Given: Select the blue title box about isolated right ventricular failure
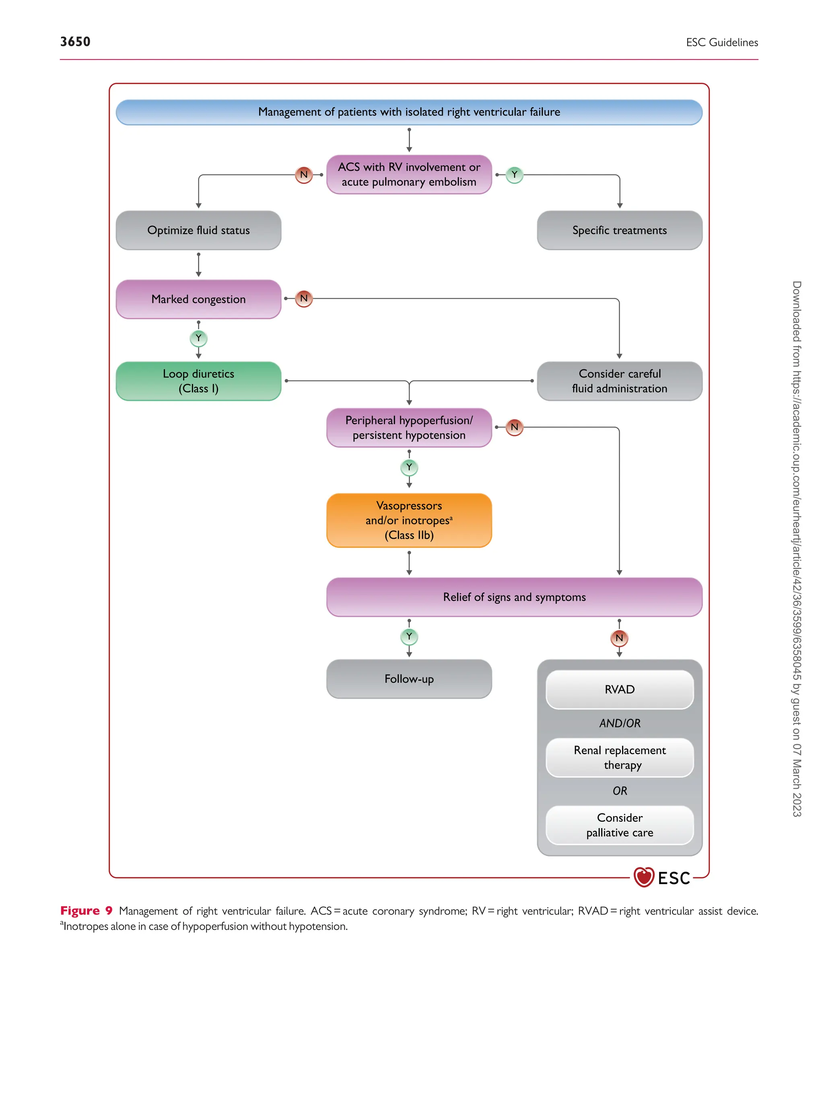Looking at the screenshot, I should (x=409, y=112).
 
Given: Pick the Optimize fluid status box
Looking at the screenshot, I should (x=198, y=230).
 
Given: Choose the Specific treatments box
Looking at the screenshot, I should (x=619, y=230).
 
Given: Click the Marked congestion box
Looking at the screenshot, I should (x=198, y=299).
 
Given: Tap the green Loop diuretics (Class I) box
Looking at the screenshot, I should (x=198, y=381).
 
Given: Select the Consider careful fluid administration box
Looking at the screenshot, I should (x=619, y=381).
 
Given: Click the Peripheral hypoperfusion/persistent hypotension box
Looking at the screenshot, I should (x=409, y=427).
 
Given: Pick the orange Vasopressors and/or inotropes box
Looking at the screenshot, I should (x=409, y=520).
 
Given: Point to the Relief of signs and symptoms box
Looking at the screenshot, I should (x=514, y=597).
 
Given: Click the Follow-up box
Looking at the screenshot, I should (x=409, y=679).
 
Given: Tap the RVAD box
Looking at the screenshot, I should (x=619, y=690).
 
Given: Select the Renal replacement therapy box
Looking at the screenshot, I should (x=619, y=757).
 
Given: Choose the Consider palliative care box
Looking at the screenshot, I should (x=619, y=825).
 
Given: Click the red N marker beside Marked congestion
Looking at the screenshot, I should (x=303, y=299).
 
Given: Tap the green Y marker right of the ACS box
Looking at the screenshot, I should (x=514, y=175).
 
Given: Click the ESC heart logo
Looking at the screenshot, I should (x=644, y=877).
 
